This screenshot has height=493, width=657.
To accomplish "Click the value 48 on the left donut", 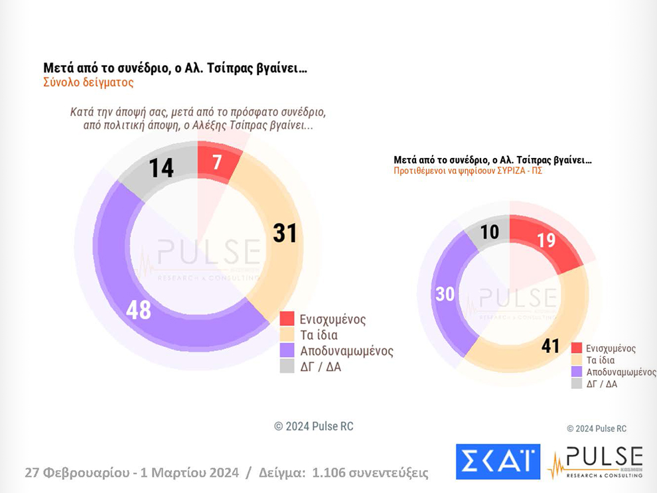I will (x=139, y=310).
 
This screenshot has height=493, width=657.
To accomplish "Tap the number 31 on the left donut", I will (x=285, y=233).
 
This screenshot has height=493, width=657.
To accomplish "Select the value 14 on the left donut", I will (x=161, y=168).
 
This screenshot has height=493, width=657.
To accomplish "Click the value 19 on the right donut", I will (x=546, y=240).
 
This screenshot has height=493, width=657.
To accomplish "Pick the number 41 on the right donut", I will (x=549, y=346).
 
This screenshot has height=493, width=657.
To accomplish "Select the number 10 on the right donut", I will (x=490, y=233).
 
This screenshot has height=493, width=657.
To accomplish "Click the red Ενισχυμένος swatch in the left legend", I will (x=287, y=319).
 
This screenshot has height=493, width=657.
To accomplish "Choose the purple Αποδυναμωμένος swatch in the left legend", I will (x=287, y=350).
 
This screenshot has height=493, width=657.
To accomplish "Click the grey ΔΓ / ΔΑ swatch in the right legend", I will (x=576, y=384).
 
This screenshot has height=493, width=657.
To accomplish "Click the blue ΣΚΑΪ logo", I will (x=498, y=461).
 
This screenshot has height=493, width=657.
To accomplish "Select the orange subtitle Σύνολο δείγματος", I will (x=88, y=83).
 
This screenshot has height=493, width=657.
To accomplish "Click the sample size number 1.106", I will (x=330, y=473).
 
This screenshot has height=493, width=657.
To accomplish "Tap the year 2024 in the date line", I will (x=216, y=473).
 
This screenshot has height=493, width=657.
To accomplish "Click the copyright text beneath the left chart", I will (x=314, y=427).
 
